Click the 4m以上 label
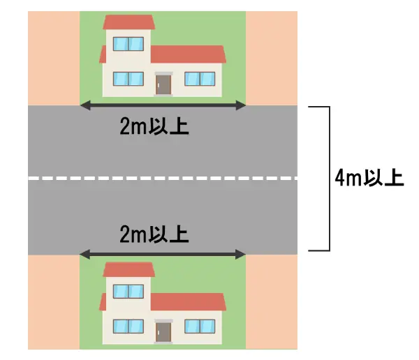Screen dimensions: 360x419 [369, 178]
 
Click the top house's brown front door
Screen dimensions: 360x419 [163, 84]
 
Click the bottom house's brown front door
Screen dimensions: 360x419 [163, 331]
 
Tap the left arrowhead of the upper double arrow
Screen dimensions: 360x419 [83, 106]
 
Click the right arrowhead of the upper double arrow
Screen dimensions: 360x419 [242, 106]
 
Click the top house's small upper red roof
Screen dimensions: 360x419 [128, 22]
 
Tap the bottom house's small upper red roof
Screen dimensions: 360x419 [128, 269]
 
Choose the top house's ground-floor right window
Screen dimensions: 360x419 [201, 79]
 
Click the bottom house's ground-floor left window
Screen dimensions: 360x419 [128, 326]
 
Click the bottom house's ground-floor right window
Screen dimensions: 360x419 [201, 326]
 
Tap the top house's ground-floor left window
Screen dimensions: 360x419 [128, 79]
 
